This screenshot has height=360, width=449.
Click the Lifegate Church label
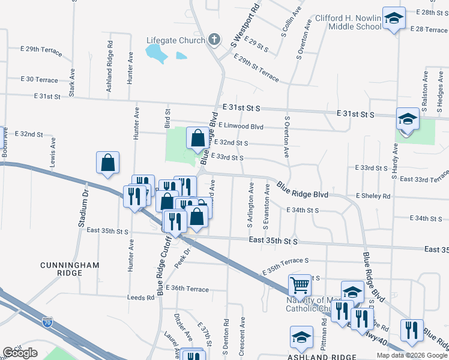[176, 40]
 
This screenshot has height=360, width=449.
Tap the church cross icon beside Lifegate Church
[214, 40]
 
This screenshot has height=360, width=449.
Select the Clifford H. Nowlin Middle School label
[347, 22]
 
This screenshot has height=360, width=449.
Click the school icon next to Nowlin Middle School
[394, 19]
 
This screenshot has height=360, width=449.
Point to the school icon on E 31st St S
[408, 119]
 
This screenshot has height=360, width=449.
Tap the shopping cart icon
[300, 286]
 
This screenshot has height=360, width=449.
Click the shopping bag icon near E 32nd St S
[197, 139]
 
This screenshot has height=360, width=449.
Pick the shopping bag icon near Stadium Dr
[107, 163]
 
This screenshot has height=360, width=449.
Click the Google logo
[20, 353]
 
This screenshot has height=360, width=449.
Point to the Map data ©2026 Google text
[411, 355]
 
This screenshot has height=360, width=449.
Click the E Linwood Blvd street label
[241, 126]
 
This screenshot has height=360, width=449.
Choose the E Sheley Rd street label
[373, 196]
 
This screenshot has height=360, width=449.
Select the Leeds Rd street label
[141, 297]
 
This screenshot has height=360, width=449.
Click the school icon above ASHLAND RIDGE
[301, 337]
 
